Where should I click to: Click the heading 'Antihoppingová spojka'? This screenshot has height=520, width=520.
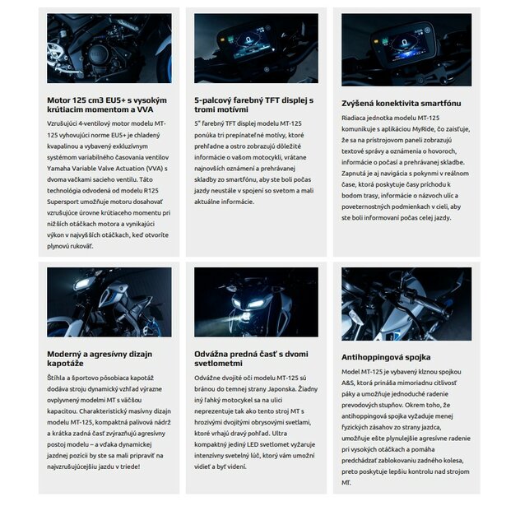pos(386,357)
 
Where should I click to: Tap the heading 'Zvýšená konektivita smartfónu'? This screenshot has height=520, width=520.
pos(402,103)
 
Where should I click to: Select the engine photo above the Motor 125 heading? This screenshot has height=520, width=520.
pos(109,49)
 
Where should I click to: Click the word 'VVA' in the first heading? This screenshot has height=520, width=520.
pos(146,109)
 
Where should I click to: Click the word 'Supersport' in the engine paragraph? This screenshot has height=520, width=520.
pos(63,202)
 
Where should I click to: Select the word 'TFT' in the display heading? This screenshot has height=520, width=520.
pos(272,100)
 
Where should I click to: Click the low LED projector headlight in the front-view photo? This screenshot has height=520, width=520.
pos(245,317)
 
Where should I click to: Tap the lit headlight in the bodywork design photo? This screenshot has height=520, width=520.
pos(83,283)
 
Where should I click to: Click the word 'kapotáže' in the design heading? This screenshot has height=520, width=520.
pos(65,364)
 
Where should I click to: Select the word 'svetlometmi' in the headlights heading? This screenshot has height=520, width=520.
pos(218,364)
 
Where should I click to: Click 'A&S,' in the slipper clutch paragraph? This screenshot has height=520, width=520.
pos(348,383)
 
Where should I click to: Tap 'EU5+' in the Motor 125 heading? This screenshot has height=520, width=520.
pos(115,100)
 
